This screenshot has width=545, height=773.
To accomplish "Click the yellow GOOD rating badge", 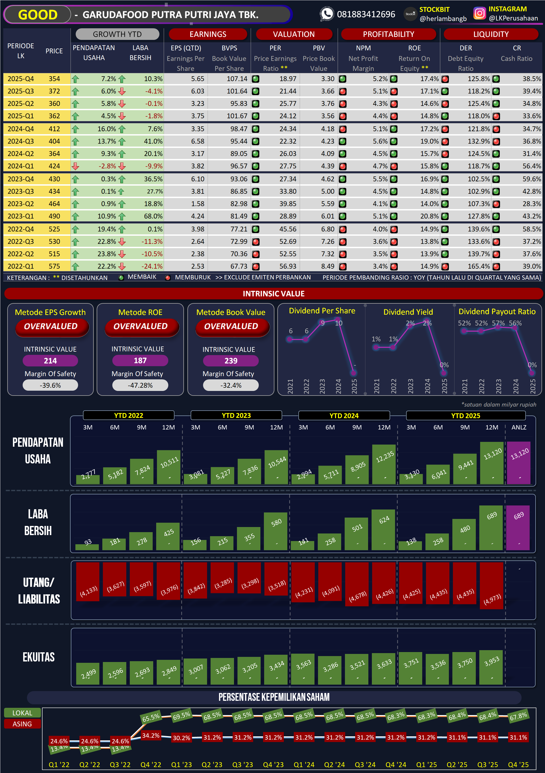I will [x=37, y=15].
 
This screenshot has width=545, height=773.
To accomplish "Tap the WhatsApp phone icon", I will [x=326, y=14].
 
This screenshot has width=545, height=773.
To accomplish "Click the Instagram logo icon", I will [x=479, y=13].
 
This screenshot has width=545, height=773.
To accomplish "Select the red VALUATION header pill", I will [x=294, y=34].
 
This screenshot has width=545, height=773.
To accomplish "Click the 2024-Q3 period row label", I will [x=20, y=141].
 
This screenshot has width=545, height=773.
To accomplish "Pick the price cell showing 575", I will [x=54, y=266].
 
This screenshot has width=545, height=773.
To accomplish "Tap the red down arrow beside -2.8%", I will [x=75, y=166].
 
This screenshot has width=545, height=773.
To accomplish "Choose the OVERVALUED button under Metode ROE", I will [x=140, y=326].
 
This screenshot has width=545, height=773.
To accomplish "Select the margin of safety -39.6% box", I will [x=50, y=385].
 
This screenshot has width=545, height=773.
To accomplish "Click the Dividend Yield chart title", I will [x=408, y=312].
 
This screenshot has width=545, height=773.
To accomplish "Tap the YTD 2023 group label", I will [x=236, y=415].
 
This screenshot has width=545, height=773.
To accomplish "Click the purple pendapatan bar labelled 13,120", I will [x=519, y=463].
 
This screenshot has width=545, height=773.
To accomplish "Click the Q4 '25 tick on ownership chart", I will [x=518, y=765].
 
